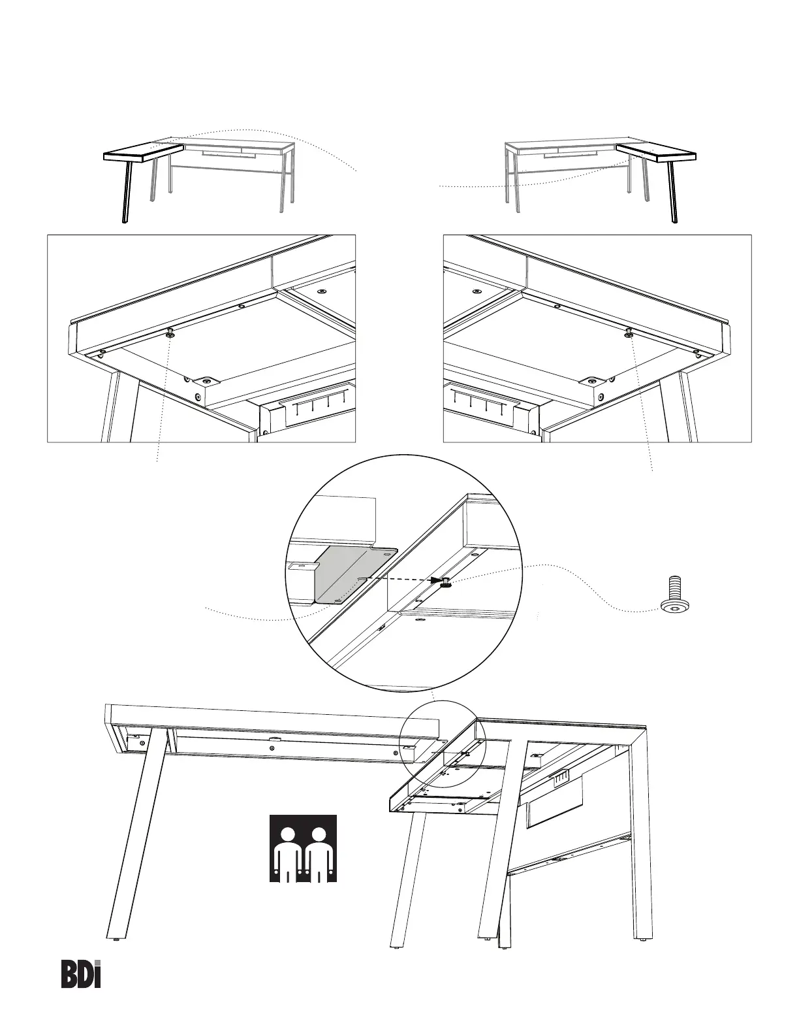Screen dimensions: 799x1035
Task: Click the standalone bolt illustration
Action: (675, 594)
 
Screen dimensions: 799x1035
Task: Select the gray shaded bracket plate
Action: (355, 575)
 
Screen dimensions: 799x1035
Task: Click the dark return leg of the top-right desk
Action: (672, 192)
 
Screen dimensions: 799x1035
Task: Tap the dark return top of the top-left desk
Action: (144, 151)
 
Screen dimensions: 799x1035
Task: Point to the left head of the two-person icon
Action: (287, 835)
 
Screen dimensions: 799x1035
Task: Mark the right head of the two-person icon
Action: (319, 835)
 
